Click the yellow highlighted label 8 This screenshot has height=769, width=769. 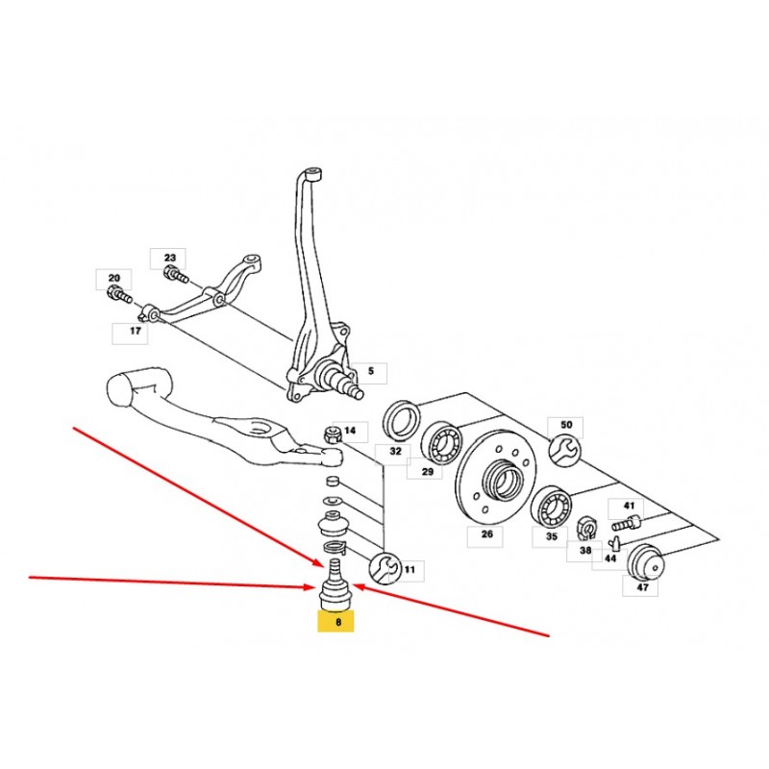click(x=335, y=621)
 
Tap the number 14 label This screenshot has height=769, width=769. click(x=350, y=431)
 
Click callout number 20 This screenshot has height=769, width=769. click(x=113, y=279)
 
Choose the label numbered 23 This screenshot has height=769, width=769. click(x=168, y=258)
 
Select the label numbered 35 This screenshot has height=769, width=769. click(x=550, y=536)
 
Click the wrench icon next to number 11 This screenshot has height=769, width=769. click(x=384, y=569)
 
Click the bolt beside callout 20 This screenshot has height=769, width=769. click(x=118, y=296)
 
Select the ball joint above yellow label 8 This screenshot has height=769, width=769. click(x=335, y=586)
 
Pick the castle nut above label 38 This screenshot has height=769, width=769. click(x=585, y=527)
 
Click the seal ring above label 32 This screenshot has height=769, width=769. click(x=401, y=420)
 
